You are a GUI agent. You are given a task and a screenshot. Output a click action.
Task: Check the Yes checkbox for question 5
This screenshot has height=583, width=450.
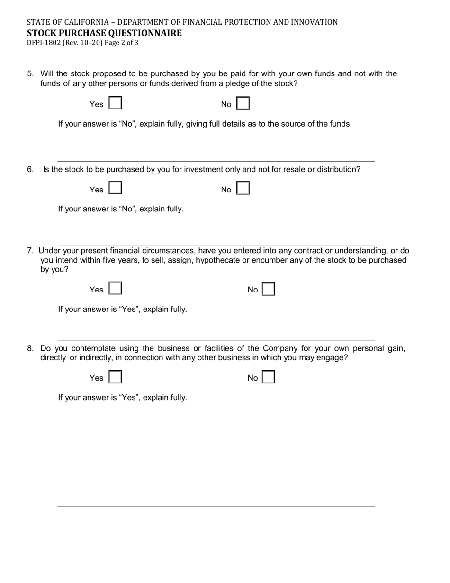pyautogui.click(x=116, y=104)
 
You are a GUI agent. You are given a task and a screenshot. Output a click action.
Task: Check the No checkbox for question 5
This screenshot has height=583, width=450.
pyautogui.click(x=243, y=104)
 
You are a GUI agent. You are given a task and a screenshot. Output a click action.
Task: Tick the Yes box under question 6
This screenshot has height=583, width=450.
pyautogui.click(x=116, y=189)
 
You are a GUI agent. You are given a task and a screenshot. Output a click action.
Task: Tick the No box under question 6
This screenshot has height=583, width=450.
pyautogui.click(x=243, y=189)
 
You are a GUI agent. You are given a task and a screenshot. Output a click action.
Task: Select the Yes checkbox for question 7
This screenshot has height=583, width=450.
pyautogui.click(x=116, y=289)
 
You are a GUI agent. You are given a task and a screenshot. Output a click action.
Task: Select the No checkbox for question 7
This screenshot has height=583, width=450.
pyautogui.click(x=269, y=289)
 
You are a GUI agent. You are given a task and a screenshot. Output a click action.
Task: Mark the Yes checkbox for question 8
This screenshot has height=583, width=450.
pyautogui.click(x=116, y=377)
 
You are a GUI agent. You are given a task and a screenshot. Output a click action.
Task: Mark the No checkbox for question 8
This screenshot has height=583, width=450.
pyautogui.click(x=269, y=377)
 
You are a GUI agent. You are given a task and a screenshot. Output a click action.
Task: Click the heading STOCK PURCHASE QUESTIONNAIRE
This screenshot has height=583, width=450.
pyautogui.click(x=104, y=33)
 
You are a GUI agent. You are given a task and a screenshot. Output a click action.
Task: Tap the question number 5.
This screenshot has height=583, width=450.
pyautogui.click(x=30, y=73)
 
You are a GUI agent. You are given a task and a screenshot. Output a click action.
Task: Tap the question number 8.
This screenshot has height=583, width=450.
pyautogui.click(x=30, y=348)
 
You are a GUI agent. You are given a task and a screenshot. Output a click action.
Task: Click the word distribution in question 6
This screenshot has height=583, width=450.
pyautogui.click(x=337, y=169)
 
